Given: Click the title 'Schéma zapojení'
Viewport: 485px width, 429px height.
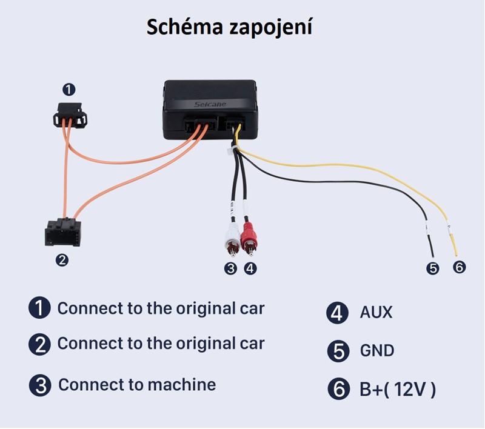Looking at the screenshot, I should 229,27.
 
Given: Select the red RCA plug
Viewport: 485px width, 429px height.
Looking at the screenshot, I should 249,240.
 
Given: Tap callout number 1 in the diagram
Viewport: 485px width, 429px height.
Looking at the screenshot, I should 70,90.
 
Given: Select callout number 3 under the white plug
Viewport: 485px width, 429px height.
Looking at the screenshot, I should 230,267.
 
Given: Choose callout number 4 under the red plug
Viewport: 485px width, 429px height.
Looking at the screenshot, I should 249,267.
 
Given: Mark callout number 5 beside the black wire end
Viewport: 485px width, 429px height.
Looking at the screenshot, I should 432,267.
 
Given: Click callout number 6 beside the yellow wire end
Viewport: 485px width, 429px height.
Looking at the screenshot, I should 459,267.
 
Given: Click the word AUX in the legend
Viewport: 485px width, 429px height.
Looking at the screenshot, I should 376,312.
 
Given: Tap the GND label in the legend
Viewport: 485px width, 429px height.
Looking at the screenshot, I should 376,350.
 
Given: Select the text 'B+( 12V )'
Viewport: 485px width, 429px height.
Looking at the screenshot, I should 397,389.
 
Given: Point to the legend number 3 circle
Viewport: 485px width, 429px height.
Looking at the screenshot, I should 40,385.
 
